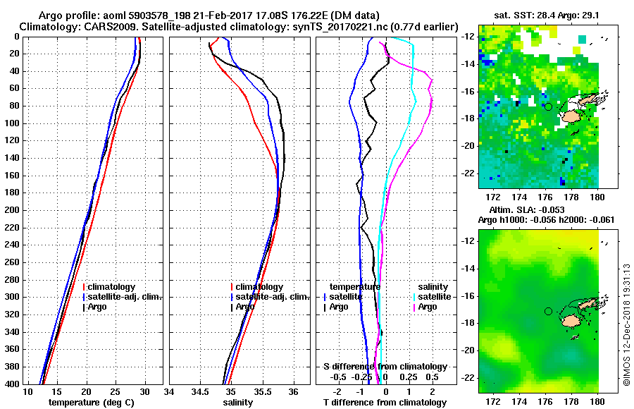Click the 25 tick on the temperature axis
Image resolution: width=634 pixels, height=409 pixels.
[116, 391]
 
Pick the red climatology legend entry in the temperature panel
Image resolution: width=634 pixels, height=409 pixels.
[113, 287]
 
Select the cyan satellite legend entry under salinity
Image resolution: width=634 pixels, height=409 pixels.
[433, 297]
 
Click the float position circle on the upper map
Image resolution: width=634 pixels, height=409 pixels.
[548, 106]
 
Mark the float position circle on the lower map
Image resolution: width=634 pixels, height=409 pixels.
[548, 311]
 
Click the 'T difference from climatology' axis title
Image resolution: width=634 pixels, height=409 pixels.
[385, 403]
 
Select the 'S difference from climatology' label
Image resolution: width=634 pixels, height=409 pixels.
[385, 367]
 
